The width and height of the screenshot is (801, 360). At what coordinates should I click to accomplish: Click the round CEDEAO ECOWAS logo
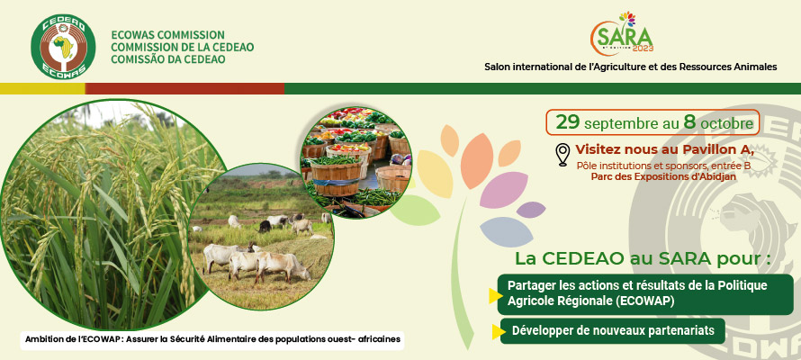pyautogui.click(x=63, y=46)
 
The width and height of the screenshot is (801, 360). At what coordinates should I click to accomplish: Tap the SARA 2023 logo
pyautogui.click(x=622, y=33)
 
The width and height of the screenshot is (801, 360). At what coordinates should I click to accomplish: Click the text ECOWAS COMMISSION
pyautogui.click(x=168, y=35)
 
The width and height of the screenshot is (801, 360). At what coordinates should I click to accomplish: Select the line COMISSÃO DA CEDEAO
pyautogui.click(x=168, y=59)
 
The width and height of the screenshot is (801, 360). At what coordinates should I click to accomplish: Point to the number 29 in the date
pyautogui.click(x=568, y=122)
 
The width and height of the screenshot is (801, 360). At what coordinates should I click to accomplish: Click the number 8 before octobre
pyautogui.click(x=689, y=122)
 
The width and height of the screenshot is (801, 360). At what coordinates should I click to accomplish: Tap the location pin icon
pyautogui.click(x=562, y=155)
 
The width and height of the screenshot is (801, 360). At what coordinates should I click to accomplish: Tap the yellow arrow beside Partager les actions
pyautogui.click(x=494, y=296)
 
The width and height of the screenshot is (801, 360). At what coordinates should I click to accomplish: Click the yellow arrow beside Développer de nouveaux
pyautogui.click(x=496, y=332)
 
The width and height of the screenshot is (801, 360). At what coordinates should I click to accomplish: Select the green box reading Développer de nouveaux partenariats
pyautogui.click(x=613, y=331)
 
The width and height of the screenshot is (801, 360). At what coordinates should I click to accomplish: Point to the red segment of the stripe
pyautogui.click(x=184, y=88)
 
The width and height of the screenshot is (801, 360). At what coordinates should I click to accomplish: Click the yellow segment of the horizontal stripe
pyautogui.click(x=42, y=88)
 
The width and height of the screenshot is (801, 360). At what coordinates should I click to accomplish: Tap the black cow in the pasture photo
pyautogui.click(x=265, y=226)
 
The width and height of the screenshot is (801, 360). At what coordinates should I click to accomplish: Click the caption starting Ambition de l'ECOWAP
pyautogui.click(x=212, y=339)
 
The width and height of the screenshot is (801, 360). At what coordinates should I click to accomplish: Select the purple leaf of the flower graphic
pyautogui.click(x=531, y=210)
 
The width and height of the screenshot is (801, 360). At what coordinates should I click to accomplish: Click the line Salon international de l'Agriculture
pyautogui.click(x=630, y=67)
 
